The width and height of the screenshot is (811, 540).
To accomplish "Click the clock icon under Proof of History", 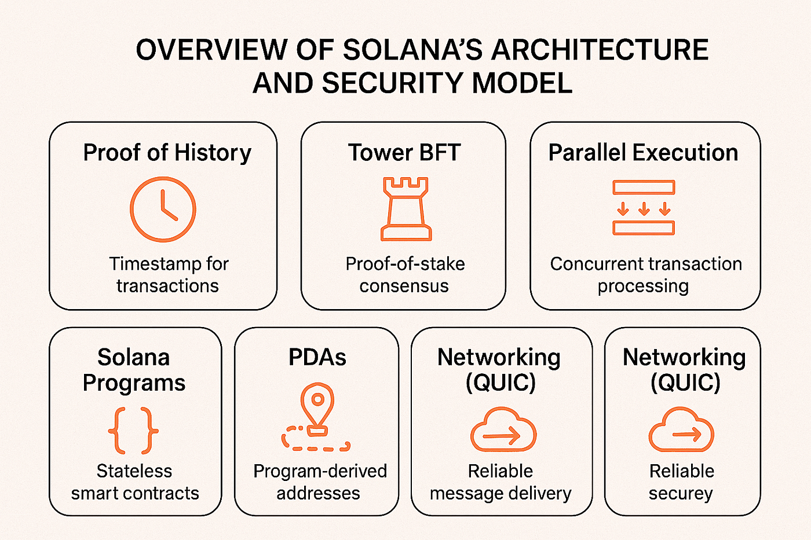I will pos(163,210).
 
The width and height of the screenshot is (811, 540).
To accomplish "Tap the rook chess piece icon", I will pos(405,210).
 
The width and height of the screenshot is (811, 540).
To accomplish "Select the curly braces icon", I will pos(133,431).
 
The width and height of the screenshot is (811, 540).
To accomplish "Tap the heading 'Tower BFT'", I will pos(404,153).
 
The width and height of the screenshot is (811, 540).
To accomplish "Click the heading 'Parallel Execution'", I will pos(643,153).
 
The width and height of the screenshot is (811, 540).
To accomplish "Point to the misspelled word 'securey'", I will pos(681,494).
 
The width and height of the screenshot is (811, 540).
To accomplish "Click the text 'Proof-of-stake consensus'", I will pos(404,274).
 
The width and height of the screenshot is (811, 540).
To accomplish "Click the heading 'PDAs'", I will pos(317,358).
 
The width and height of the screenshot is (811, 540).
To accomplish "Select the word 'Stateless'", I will pos(134,471).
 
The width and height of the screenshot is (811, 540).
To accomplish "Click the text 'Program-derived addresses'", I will pos(319,482).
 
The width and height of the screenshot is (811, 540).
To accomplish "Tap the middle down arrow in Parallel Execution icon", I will pos(644,208).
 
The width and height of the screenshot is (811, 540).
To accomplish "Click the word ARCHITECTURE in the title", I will pos(600,50).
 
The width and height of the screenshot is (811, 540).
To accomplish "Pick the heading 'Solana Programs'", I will pos(134,370).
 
